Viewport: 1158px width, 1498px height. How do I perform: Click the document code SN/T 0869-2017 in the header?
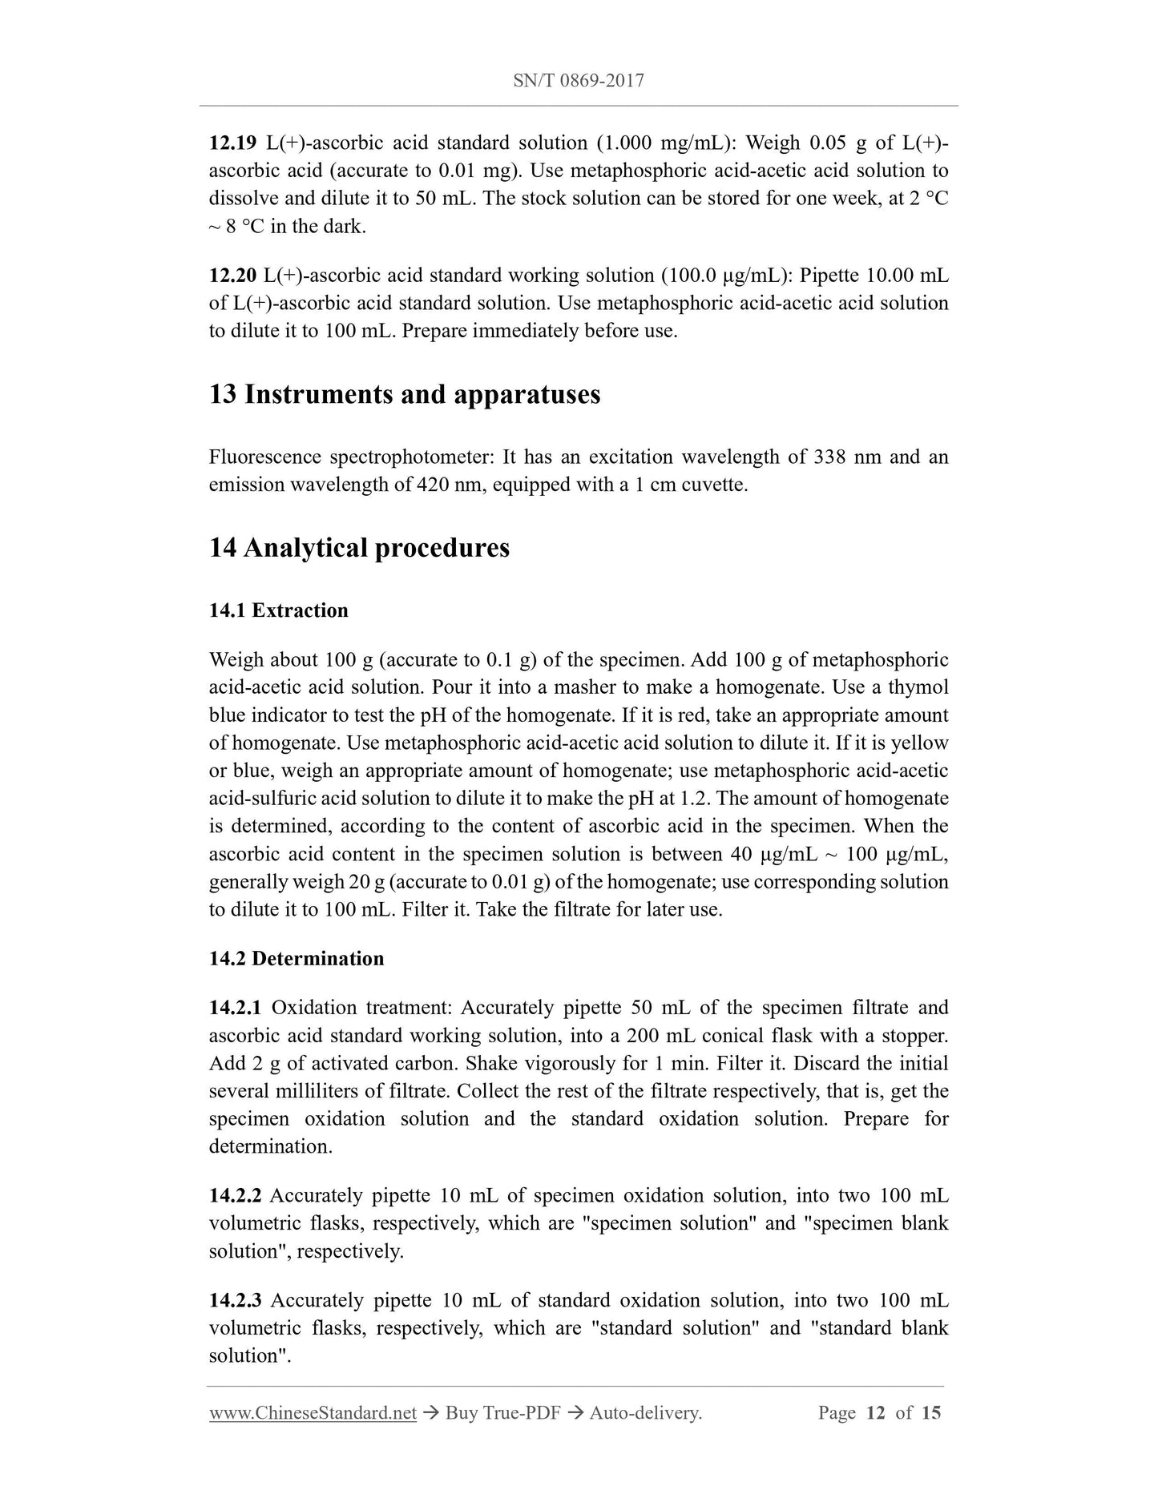click(578, 81)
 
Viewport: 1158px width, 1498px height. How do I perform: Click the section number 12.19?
click(232, 143)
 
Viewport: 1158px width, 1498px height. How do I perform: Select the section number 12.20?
click(232, 276)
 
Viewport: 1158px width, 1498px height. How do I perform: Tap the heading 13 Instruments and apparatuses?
click(405, 395)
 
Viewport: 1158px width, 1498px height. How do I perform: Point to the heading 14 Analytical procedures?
click(359, 549)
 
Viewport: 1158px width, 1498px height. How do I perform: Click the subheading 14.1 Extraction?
click(279, 611)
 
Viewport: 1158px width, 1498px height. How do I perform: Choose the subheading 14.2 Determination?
click(297, 959)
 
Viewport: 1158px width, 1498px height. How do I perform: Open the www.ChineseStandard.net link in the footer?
click(313, 1413)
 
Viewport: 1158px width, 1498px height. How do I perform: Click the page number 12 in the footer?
click(875, 1413)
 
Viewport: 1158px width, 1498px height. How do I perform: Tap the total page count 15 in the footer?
click(931, 1413)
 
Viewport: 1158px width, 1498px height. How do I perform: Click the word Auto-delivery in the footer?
click(645, 1413)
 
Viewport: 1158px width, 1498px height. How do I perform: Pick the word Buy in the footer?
click(461, 1413)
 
